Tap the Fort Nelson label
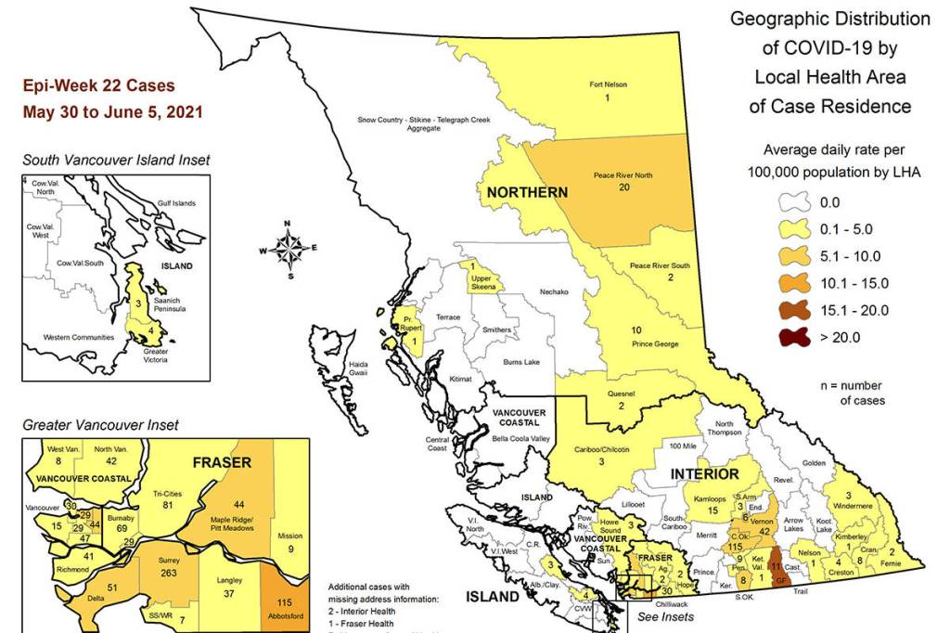coord(609,84)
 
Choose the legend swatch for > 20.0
coord(792,338)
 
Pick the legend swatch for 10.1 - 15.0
coord(792,283)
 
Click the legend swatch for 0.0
coord(792,202)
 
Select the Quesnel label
coord(620,393)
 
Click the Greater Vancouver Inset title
coord(100,425)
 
